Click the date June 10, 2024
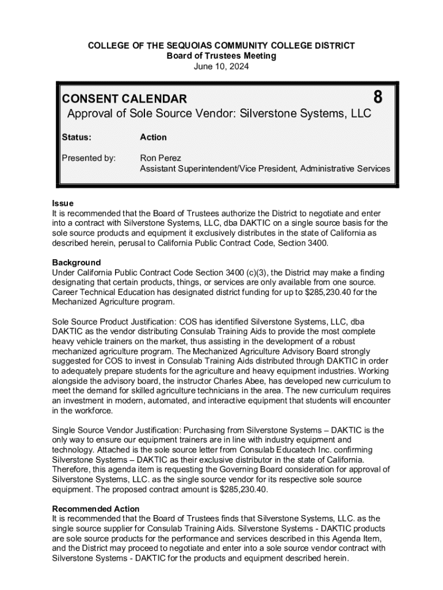point(221,66)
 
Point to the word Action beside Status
point(153,137)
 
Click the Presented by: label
point(89,157)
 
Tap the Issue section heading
point(63,203)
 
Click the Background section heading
point(77,262)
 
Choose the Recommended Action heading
point(96,509)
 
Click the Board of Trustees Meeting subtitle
point(221,56)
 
